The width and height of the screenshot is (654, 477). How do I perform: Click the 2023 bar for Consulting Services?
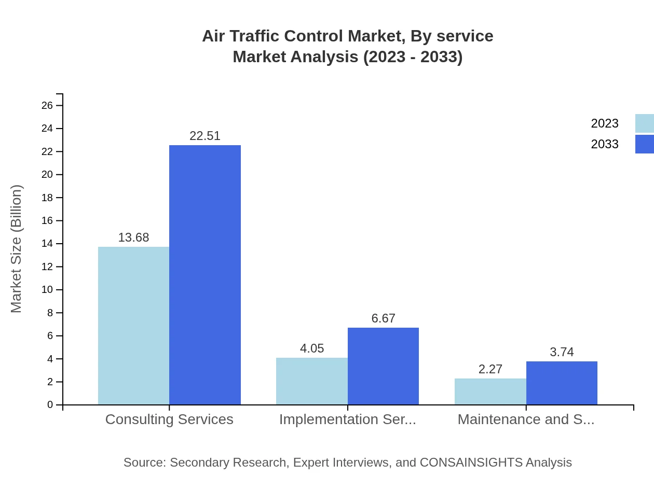[x=133, y=326]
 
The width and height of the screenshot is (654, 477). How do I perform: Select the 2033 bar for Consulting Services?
[x=205, y=275]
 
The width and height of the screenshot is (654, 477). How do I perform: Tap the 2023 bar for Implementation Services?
[x=312, y=381]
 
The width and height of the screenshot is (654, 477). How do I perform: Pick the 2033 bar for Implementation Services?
[x=383, y=366]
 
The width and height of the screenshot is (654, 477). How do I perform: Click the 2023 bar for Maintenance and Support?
[x=491, y=391]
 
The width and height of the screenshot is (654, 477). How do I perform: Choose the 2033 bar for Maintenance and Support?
[x=562, y=383]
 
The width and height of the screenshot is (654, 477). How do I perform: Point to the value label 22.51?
[x=205, y=136]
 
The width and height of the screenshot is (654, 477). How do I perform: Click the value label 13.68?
[x=133, y=237]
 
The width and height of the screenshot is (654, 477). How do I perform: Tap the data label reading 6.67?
[x=383, y=318]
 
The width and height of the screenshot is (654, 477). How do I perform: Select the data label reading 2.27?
[x=491, y=369]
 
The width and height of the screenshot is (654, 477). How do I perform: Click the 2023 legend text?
[x=605, y=123]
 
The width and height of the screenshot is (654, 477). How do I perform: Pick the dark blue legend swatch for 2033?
[x=645, y=144]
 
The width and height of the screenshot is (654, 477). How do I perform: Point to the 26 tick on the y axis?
[x=47, y=106]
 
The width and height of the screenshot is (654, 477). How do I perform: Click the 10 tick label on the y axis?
[x=47, y=290]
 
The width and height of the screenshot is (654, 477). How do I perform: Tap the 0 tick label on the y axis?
[x=50, y=405]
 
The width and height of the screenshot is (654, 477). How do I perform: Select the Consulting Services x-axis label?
[x=169, y=419]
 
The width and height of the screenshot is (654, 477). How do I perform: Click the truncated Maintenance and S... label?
[x=526, y=419]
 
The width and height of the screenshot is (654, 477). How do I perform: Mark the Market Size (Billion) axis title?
[x=16, y=249]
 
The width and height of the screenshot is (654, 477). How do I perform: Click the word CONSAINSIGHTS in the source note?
[x=471, y=462]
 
